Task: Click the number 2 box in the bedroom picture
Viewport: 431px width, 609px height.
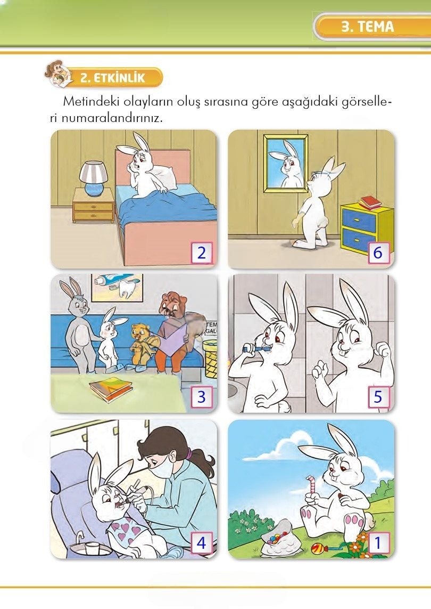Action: pos(201,253)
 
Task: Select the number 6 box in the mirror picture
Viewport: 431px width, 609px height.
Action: pos(378,253)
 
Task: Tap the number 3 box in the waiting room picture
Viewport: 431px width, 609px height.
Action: pos(201,397)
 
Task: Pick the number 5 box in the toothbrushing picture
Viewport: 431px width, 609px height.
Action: pos(378,397)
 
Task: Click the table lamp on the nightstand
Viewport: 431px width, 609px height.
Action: pos(93,178)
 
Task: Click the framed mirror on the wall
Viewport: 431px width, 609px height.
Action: pos(285,163)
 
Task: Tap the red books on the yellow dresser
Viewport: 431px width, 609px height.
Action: pos(370,203)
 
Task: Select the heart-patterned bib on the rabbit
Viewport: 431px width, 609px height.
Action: pos(128,530)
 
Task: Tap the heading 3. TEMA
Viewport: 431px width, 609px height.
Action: pos(367,27)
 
